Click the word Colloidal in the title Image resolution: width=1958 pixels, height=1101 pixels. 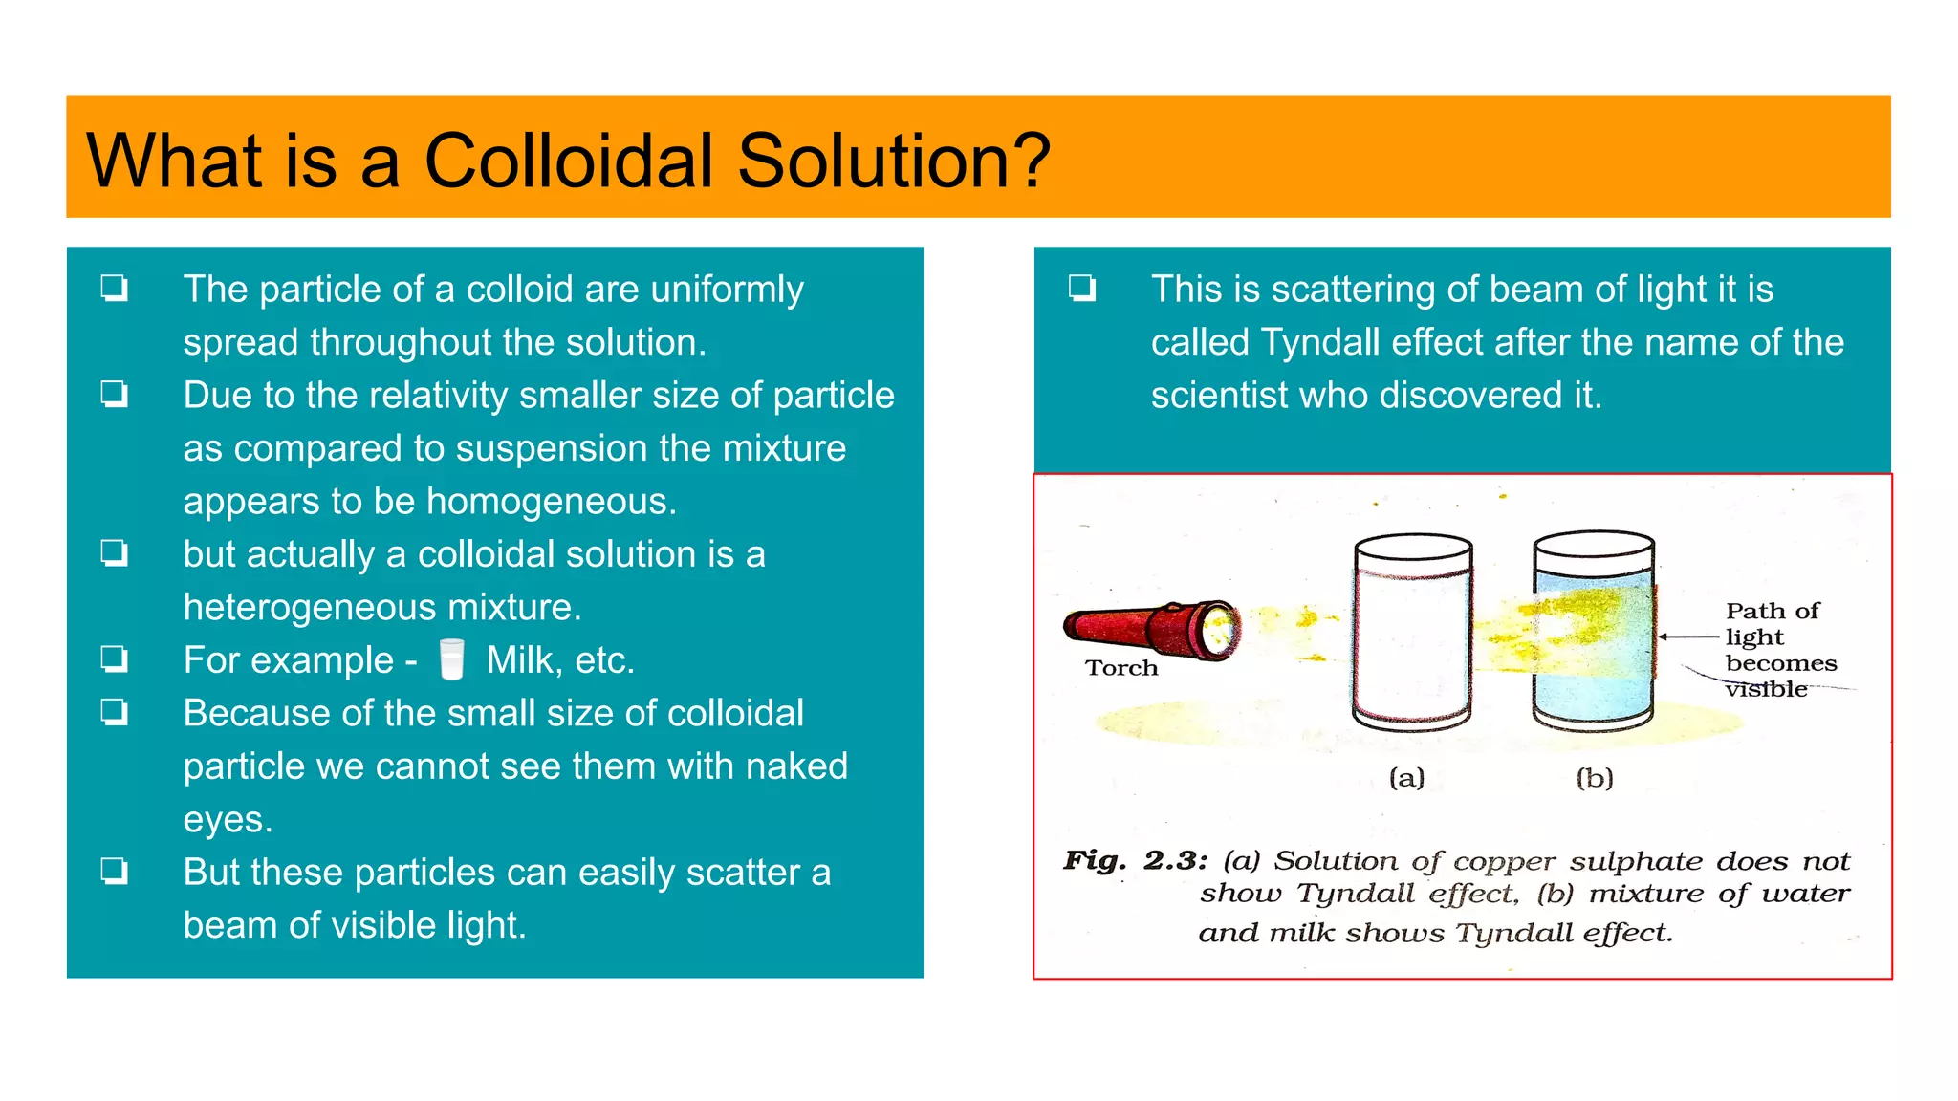point(568,161)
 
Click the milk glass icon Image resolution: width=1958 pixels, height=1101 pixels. point(451,659)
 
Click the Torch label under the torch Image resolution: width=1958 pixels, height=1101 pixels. point(1120,668)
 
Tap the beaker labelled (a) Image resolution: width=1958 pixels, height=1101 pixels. point(1413,633)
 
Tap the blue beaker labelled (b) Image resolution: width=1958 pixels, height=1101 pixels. point(1593,633)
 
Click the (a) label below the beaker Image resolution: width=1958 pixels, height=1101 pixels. point(1406,778)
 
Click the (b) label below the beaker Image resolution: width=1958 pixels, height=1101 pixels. point(1594,778)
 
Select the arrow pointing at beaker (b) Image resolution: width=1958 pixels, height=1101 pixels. point(1687,637)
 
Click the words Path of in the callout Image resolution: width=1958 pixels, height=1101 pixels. point(1772,611)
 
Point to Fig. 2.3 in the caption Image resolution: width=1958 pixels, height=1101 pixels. point(1135,860)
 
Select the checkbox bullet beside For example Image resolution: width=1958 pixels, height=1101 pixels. point(115,658)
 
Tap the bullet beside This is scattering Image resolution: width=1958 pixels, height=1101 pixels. point(1082,288)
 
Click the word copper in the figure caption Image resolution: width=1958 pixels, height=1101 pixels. point(1504,862)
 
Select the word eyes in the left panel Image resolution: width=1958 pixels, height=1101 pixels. point(227,820)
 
